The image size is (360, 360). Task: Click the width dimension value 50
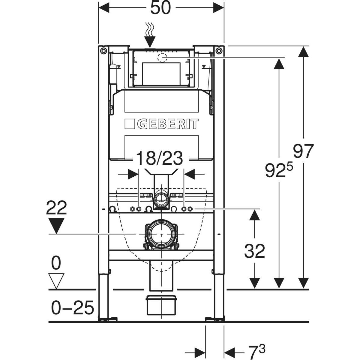click(x=160, y=8)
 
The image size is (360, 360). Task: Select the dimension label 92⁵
click(x=277, y=170)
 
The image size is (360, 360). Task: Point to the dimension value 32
click(x=254, y=251)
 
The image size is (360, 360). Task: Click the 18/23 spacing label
click(x=159, y=158)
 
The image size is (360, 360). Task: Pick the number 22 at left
click(x=56, y=208)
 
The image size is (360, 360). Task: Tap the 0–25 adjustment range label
click(x=72, y=308)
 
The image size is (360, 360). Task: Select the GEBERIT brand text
click(x=168, y=124)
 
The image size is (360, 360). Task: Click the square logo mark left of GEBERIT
click(x=130, y=124)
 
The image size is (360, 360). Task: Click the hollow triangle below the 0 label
click(x=57, y=280)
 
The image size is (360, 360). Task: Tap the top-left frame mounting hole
click(x=103, y=50)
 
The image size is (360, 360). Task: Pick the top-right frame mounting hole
click(x=219, y=50)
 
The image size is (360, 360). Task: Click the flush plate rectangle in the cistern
click(x=161, y=73)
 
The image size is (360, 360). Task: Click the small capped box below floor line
click(x=161, y=304)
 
